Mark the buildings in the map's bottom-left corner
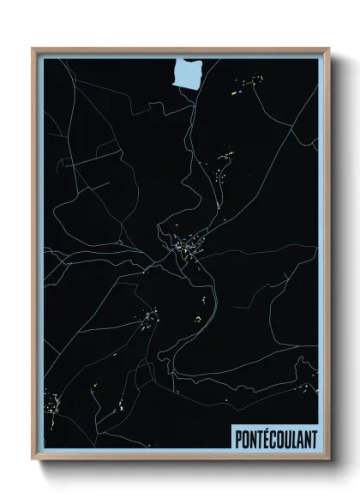(x=53, y=403)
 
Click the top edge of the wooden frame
(x=180, y=49)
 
